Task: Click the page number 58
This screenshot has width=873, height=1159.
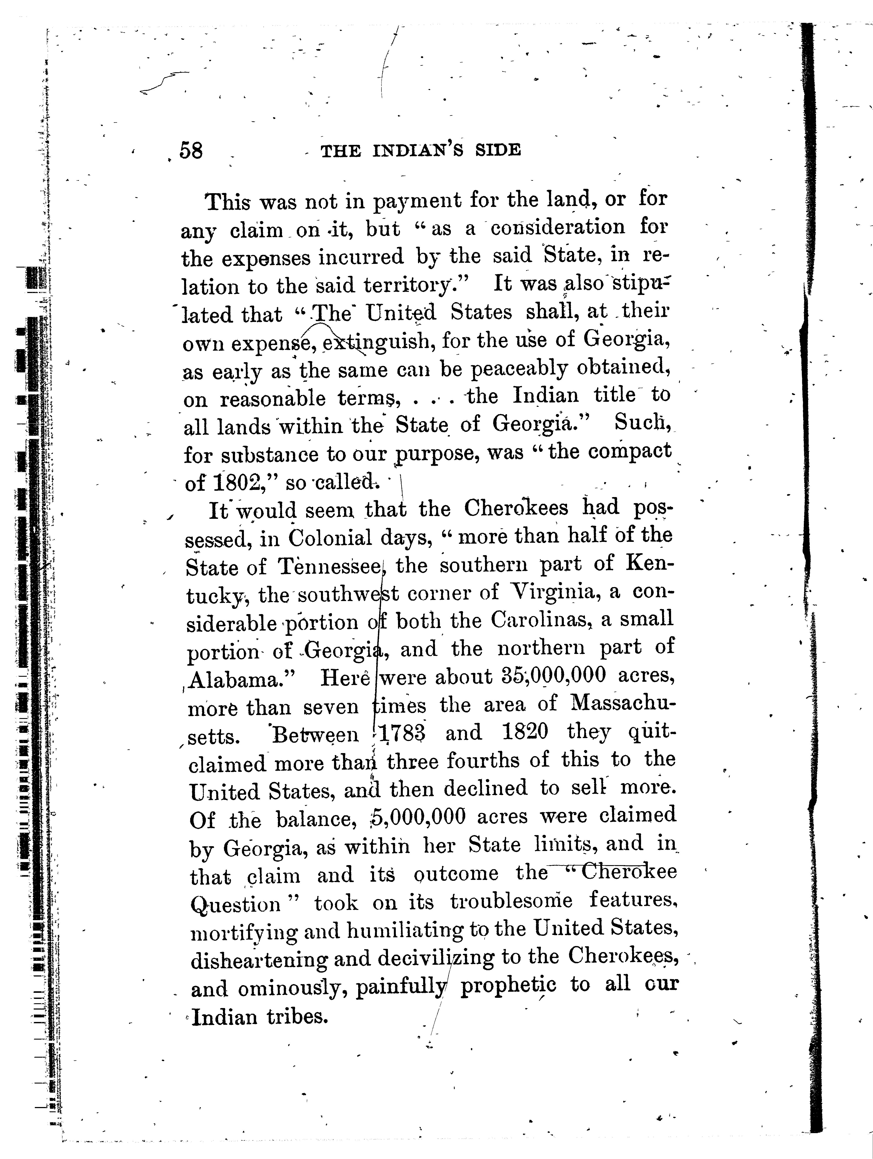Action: (191, 151)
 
